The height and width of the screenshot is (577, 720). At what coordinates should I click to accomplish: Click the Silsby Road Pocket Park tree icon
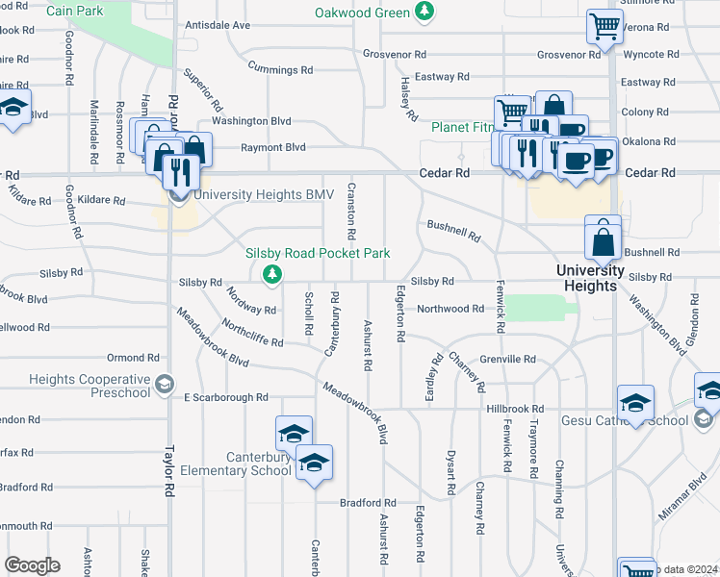(273, 274)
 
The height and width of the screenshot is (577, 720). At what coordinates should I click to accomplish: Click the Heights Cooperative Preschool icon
(164, 386)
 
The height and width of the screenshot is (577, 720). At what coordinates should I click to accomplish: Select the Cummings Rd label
(280, 70)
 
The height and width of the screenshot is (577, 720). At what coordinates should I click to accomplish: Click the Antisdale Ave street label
(218, 25)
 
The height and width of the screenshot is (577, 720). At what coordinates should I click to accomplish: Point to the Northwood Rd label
(450, 309)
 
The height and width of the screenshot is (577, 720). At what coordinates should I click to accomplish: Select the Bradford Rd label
(368, 503)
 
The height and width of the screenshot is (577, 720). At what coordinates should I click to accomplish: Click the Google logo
(32, 565)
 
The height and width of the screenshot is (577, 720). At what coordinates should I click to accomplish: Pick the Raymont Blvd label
(272, 147)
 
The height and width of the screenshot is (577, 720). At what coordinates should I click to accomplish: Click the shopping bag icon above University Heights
(603, 241)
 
